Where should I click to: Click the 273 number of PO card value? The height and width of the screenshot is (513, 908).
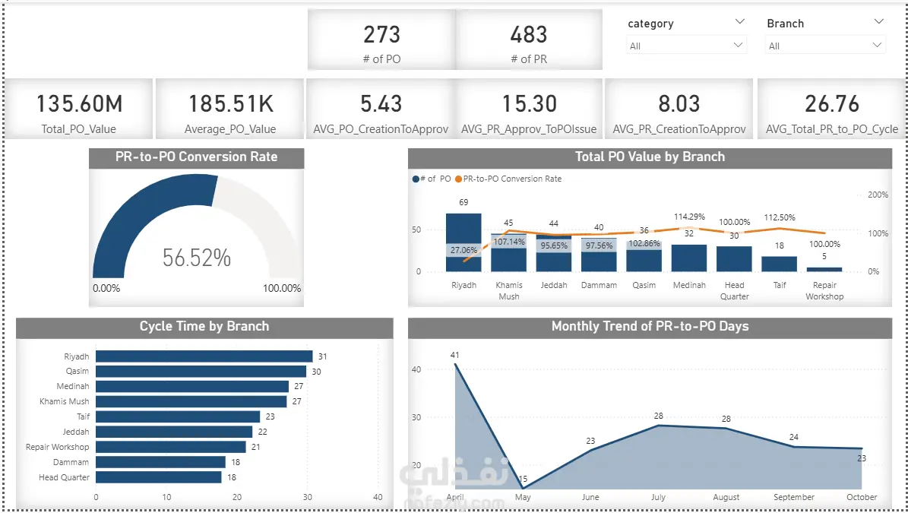381,35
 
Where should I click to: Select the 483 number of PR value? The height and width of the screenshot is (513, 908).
529,35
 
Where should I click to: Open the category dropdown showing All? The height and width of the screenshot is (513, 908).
686,45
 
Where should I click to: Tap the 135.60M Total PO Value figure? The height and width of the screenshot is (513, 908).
79,104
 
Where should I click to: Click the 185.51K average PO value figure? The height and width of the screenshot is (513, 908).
231,104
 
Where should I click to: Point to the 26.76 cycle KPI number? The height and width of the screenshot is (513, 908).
831,104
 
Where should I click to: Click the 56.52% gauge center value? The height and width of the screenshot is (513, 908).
196,258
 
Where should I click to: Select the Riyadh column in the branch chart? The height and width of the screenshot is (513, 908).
463,242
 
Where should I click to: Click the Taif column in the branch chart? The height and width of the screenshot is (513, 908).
780,264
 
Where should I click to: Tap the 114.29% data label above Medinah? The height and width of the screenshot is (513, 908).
689,217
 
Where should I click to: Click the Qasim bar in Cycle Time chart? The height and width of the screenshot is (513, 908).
201,371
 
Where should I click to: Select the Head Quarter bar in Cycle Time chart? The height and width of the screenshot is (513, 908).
159,477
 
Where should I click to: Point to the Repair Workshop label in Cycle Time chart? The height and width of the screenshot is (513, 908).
57,447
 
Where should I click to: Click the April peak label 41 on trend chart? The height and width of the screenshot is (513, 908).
454,355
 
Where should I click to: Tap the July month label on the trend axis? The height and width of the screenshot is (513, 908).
659,497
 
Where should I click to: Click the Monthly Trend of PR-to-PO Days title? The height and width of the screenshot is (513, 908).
650,327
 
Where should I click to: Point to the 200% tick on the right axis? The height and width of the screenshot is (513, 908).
878,195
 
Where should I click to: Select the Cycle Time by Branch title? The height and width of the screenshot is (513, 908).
204,327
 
